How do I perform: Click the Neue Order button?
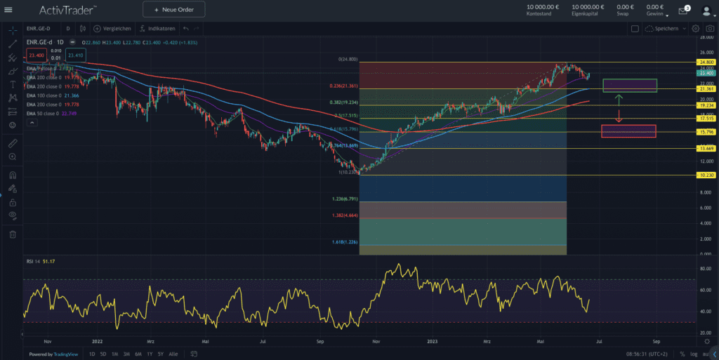[x=173, y=9]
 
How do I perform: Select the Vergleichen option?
[x=112, y=29]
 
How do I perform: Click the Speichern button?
[x=666, y=29]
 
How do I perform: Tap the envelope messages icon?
[x=682, y=11]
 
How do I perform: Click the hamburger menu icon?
[x=8, y=9]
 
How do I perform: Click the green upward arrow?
[x=619, y=98]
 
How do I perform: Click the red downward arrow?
[x=619, y=117]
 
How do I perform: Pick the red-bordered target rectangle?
[x=628, y=131]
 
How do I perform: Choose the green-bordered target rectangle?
[x=629, y=85]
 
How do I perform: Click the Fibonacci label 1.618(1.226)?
[x=343, y=242]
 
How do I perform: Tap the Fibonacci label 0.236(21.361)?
[x=344, y=86]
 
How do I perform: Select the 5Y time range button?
[x=161, y=354]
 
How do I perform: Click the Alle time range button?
[x=173, y=354]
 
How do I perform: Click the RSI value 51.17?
[x=49, y=262]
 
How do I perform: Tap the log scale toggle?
[x=694, y=354]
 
